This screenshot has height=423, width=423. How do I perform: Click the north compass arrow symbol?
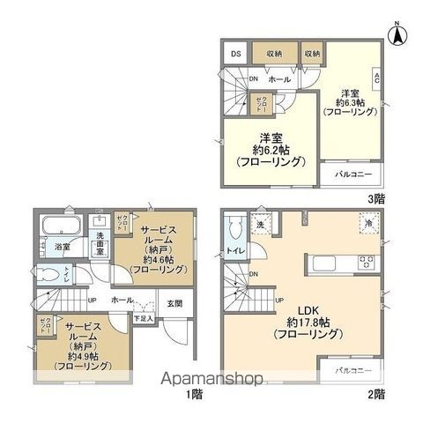tap(397, 36)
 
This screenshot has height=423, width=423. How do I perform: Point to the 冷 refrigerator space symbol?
tap(367, 226)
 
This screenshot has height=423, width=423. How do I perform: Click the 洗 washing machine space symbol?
tap(260, 225)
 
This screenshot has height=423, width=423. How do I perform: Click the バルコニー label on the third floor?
tap(353, 174)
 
